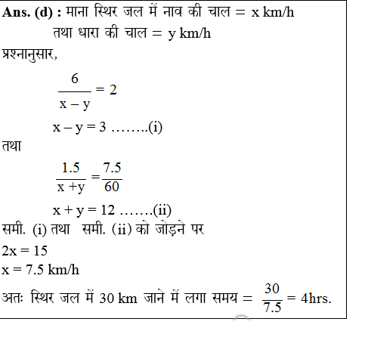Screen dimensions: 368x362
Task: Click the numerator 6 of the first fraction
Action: (75, 79)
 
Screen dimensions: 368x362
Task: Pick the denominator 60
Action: (112, 187)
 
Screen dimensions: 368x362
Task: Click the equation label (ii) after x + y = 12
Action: (162, 209)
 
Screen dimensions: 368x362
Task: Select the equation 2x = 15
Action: (25, 250)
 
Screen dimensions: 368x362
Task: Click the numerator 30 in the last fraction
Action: (272, 288)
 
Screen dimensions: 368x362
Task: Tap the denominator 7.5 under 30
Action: (272, 307)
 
